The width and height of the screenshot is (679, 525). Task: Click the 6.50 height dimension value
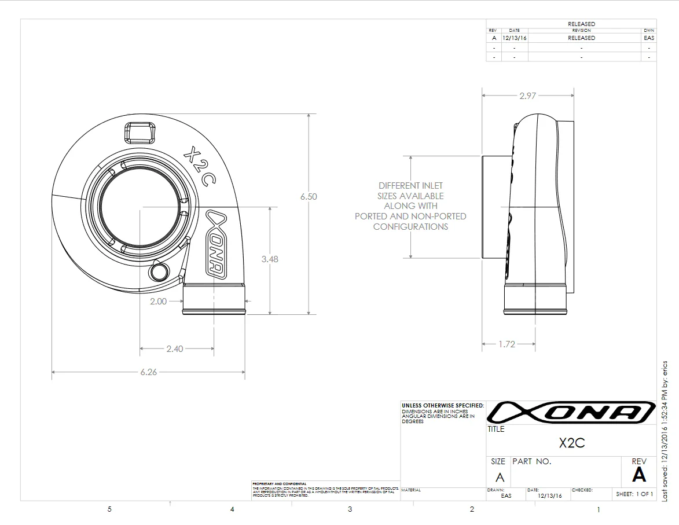pos(309,197)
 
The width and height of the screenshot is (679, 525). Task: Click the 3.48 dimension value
pos(269,259)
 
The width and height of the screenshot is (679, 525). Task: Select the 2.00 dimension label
pos(158,301)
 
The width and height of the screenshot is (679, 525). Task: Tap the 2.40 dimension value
pos(174,348)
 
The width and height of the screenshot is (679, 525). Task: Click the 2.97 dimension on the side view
pos(527,96)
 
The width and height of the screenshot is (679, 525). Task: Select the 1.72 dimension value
pos(507,344)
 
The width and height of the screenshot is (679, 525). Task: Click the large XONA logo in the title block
pos(570,412)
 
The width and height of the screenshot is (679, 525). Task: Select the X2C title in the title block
pos(571,443)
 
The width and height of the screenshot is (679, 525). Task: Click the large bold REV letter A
pos(638,475)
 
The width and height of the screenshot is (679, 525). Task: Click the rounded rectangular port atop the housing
pos(140,133)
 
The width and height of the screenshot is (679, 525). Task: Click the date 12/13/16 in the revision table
pos(514,38)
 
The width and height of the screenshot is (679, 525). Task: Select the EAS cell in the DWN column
pos(649,38)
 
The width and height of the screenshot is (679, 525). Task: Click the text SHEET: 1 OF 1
pos(634,494)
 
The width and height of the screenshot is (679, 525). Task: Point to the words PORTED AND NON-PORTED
pos(410,216)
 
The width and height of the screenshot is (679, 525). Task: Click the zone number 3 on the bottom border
pos(350,509)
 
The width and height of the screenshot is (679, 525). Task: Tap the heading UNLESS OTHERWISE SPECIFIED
pos(442,406)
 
